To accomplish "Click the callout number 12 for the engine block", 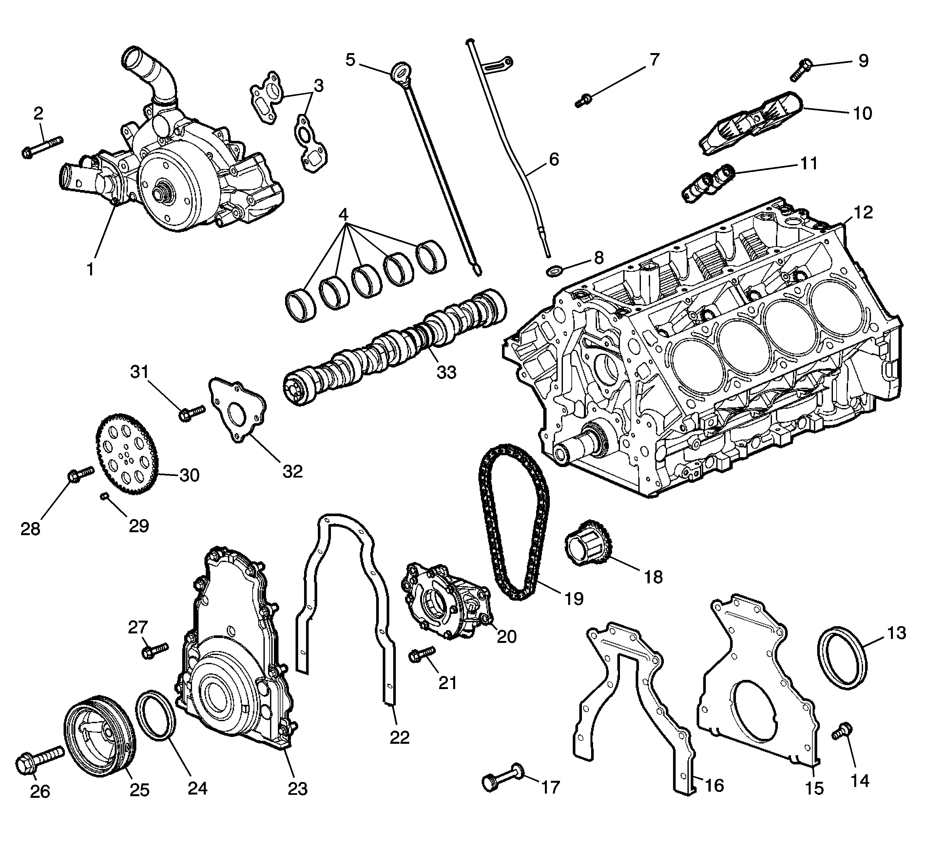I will coord(863,213).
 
